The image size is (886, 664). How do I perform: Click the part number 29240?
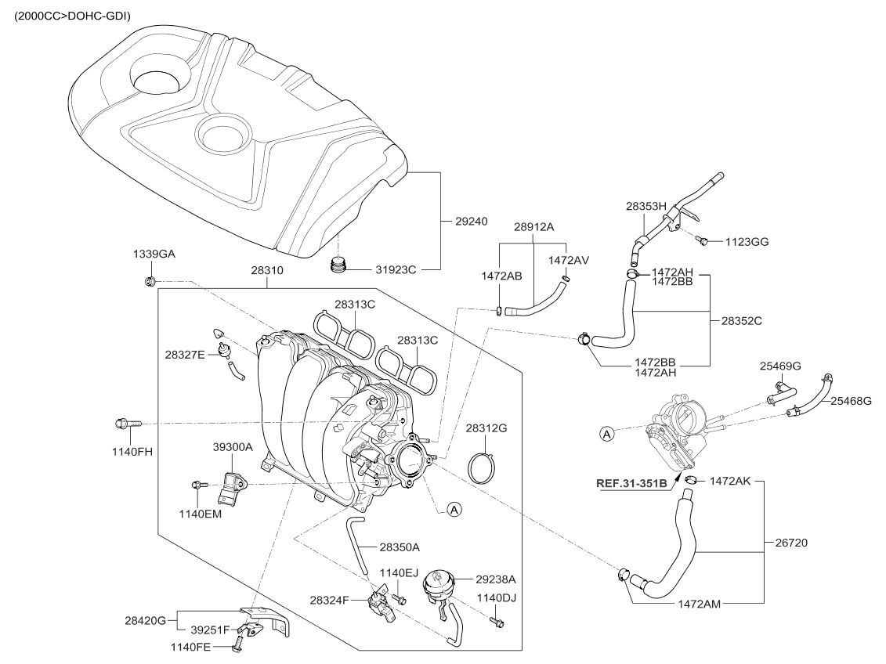click(x=472, y=222)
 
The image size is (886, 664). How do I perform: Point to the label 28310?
click(x=267, y=270)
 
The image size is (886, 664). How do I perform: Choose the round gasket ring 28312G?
click(x=483, y=467)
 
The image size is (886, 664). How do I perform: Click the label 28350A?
click(x=400, y=547)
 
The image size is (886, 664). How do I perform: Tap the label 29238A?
click(x=496, y=579)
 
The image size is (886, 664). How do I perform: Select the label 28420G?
click(x=145, y=621)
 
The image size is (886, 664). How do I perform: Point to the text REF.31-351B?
click(x=630, y=483)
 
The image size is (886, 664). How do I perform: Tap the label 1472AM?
click(x=700, y=604)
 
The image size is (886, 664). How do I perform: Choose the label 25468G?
click(x=851, y=401)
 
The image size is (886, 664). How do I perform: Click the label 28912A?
click(x=533, y=226)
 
